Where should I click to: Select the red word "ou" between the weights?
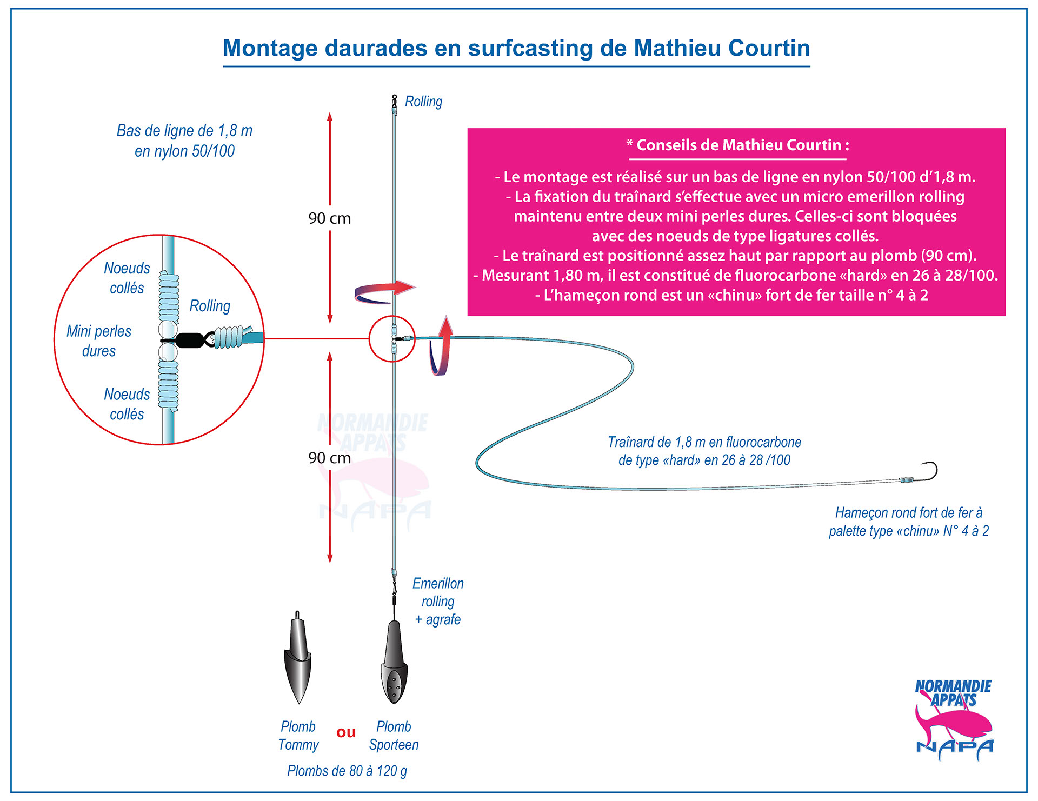pos(346,732)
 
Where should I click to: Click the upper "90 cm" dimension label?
pos(329,218)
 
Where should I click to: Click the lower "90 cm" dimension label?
pos(329,458)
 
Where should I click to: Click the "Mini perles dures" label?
pos(99,341)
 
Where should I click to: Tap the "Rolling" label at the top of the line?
pos(423,102)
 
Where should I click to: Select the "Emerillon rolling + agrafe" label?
pos(438,601)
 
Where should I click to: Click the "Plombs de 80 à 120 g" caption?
pos(347,771)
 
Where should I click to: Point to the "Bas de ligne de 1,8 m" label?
pos(184,131)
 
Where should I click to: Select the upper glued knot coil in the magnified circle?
pos(169,298)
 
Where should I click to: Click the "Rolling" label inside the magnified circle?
pos(210,306)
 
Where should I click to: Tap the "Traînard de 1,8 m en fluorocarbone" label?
pos(704,442)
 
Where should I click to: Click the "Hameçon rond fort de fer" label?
pos(909,512)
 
